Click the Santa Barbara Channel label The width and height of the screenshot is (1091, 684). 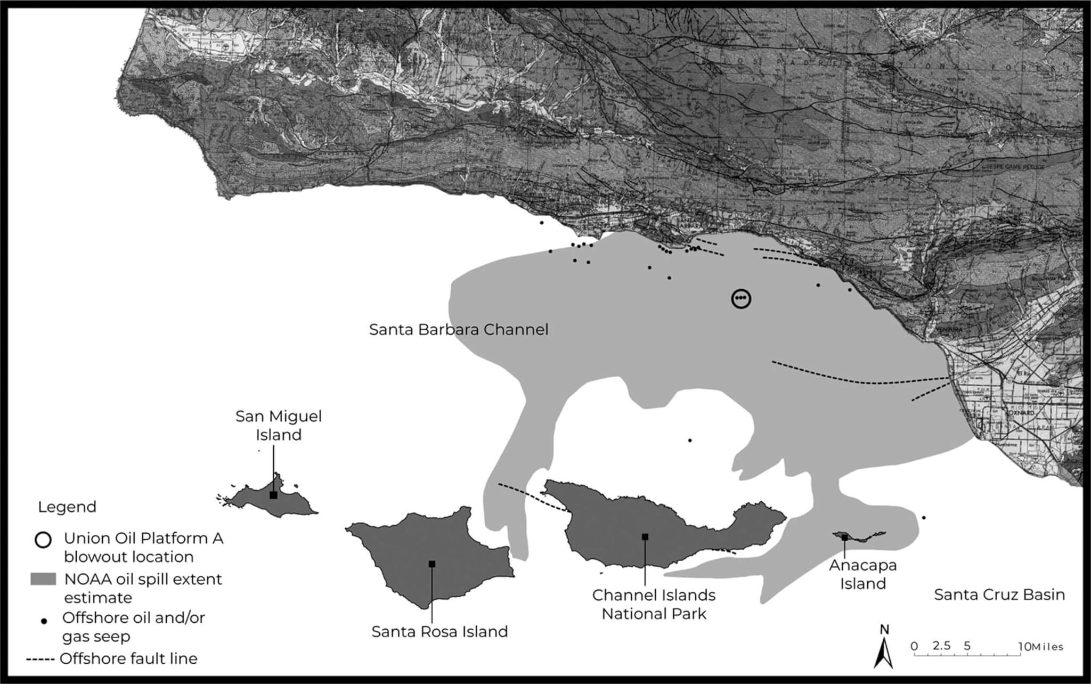pyautogui.click(x=459, y=329)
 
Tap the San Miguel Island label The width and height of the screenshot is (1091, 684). pyautogui.click(x=279, y=425)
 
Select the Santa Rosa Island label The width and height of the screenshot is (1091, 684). pyautogui.click(x=439, y=632)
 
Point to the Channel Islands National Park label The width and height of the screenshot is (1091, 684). pyautogui.click(x=654, y=604)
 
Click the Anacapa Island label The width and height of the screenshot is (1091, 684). pyautogui.click(x=862, y=574)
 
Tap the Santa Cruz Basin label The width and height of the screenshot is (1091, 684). pyautogui.click(x=999, y=595)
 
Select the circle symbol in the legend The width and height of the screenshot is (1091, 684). pyautogui.click(x=43, y=540)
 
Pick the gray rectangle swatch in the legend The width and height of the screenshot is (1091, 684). pyautogui.click(x=43, y=579)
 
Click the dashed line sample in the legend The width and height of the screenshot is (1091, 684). pyautogui.click(x=40, y=659)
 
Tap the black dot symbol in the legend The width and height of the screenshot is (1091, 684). pyautogui.click(x=44, y=621)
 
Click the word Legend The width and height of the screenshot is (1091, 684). pyautogui.click(x=67, y=507)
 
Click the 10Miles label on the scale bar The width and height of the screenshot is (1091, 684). pyautogui.click(x=1041, y=647)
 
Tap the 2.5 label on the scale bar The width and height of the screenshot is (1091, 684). pyautogui.click(x=941, y=646)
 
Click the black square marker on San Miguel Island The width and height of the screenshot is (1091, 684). pyautogui.click(x=273, y=495)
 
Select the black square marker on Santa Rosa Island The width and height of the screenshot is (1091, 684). pyautogui.click(x=432, y=564)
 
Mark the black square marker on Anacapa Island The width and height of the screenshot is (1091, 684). pyautogui.click(x=845, y=538)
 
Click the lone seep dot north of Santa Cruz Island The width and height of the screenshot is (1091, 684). pyautogui.click(x=690, y=441)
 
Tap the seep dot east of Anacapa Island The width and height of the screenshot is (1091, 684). pyautogui.click(x=924, y=517)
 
